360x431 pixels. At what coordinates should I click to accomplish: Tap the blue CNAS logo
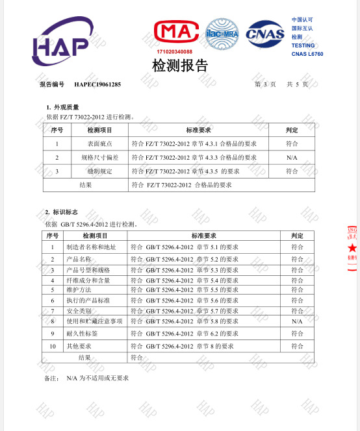pyautogui.click(x=265, y=32)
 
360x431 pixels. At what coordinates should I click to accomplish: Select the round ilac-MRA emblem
pyautogui.click(x=222, y=32)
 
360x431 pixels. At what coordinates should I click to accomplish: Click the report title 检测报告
pyautogui.click(x=180, y=66)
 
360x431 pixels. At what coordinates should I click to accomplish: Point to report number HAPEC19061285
pyautogui.click(x=97, y=84)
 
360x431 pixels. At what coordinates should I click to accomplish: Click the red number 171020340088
pyautogui.click(x=175, y=51)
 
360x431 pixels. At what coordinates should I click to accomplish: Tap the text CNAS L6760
pyautogui.click(x=307, y=54)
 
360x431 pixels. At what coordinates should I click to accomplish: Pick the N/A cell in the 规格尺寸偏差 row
pyautogui.click(x=292, y=158)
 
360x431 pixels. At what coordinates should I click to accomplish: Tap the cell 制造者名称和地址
pyautogui.click(x=91, y=247)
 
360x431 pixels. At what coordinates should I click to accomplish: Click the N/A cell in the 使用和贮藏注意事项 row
pyautogui.click(x=297, y=321)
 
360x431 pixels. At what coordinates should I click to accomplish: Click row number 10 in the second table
pyautogui.click(x=53, y=346)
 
